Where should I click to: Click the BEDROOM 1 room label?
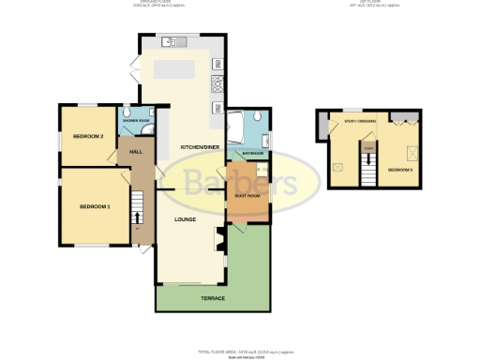click(94, 206)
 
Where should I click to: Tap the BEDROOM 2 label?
click(87, 137)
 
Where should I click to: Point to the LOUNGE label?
click(185, 219)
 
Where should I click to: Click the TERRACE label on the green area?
click(213, 298)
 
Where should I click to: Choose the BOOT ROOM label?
click(247, 196)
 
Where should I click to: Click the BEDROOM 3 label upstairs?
click(400, 170)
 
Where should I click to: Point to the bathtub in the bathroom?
click(240, 124)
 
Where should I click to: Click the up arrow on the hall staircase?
click(138, 218)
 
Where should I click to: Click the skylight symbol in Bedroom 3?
click(410, 151)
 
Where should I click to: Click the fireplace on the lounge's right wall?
click(219, 242)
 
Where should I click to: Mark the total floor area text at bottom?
click(239, 351)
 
